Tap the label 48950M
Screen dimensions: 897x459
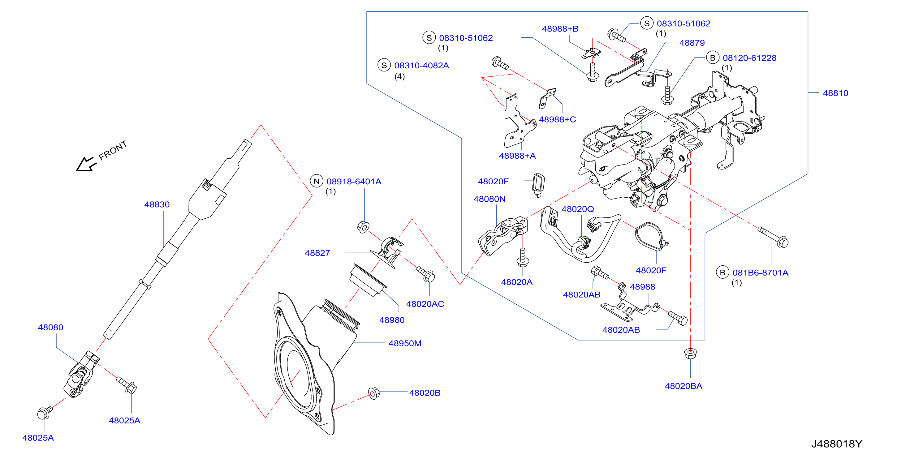pyautogui.click(x=405, y=343)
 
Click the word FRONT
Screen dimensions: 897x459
pyautogui.click(x=113, y=150)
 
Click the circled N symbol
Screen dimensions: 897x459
pyautogui.click(x=317, y=181)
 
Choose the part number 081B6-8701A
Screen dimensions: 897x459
pyautogui.click(x=760, y=272)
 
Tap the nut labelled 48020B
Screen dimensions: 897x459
pyautogui.click(x=374, y=393)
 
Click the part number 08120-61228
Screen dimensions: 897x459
pyautogui.click(x=749, y=58)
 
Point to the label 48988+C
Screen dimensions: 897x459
pyautogui.click(x=557, y=119)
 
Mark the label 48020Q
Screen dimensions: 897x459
pyautogui.click(x=578, y=209)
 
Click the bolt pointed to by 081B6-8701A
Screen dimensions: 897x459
pyautogui.click(x=773, y=237)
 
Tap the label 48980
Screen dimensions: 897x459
pyautogui.click(x=392, y=320)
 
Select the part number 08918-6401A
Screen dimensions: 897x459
pyautogui.click(x=354, y=181)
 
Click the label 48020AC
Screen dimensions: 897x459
pyautogui.click(x=425, y=304)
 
